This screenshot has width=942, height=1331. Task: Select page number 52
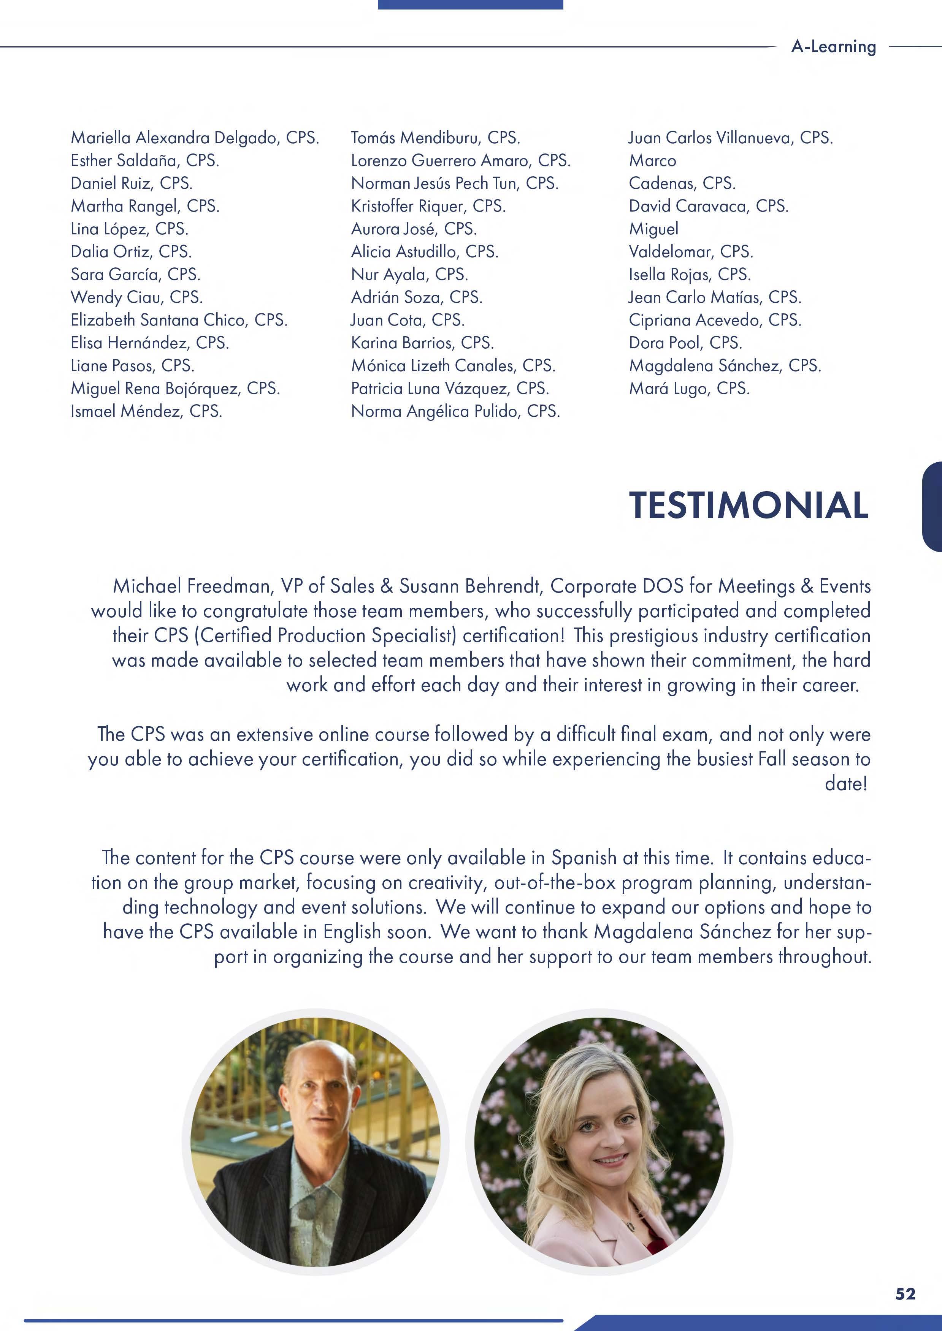[905, 1293]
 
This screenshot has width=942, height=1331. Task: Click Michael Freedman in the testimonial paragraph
[192, 586]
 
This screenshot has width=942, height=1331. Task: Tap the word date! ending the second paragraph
[846, 784]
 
